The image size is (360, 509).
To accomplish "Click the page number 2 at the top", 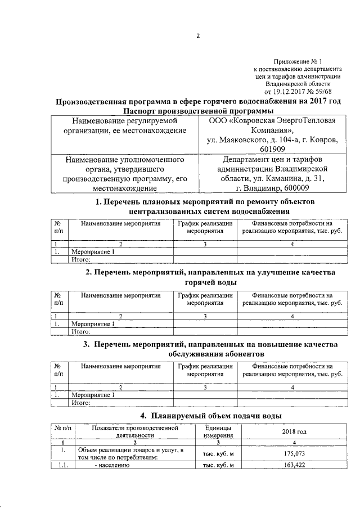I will tap(198, 37).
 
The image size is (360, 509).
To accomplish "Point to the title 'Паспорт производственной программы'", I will tap(198, 111).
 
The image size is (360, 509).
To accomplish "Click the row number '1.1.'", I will tap(62, 466).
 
